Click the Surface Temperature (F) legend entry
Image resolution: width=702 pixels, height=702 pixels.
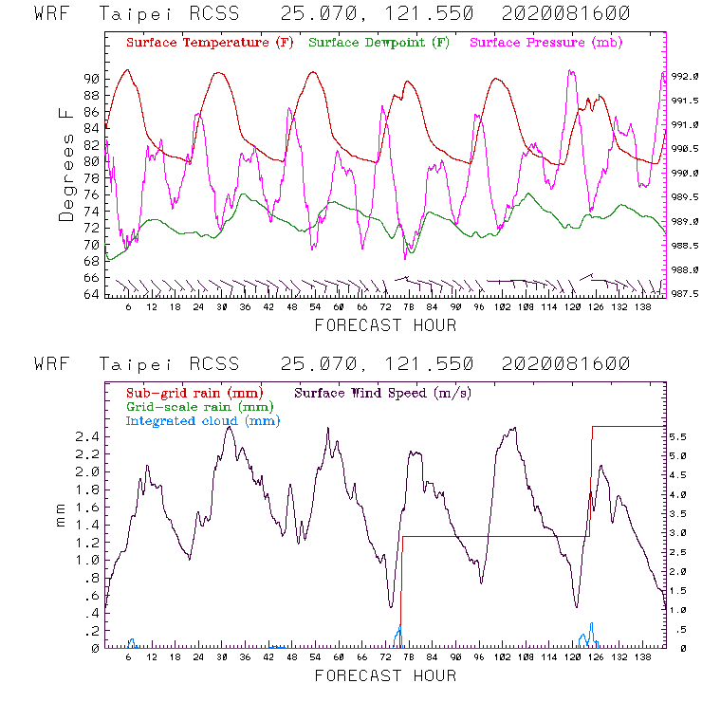coord(210,43)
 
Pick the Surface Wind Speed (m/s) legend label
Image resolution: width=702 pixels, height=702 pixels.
coord(383,391)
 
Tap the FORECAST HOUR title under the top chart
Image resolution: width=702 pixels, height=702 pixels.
coord(385,325)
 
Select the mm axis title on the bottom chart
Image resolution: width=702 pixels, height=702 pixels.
coord(61,518)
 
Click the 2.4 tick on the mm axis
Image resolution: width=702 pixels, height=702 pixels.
coord(86,436)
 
